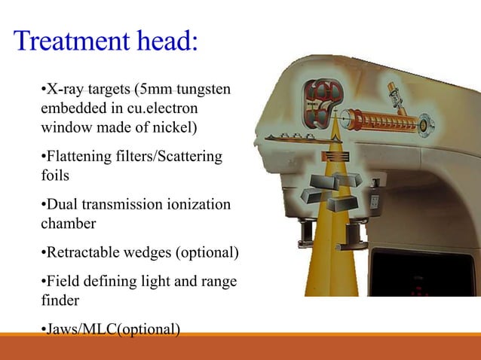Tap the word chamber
(x=67, y=223)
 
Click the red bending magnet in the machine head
(x=322, y=105)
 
